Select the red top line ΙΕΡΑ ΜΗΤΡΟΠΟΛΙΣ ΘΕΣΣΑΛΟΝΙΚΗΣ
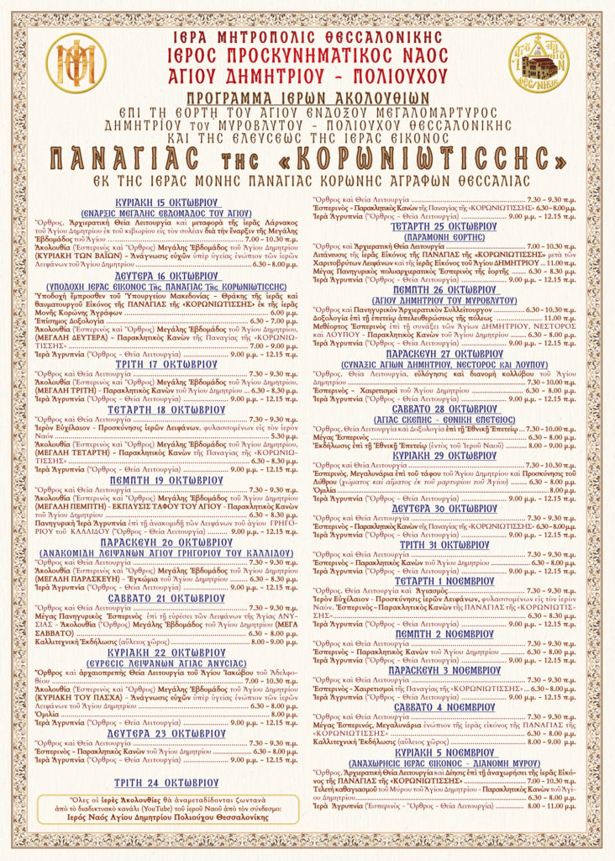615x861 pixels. pyautogui.click(x=307, y=39)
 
